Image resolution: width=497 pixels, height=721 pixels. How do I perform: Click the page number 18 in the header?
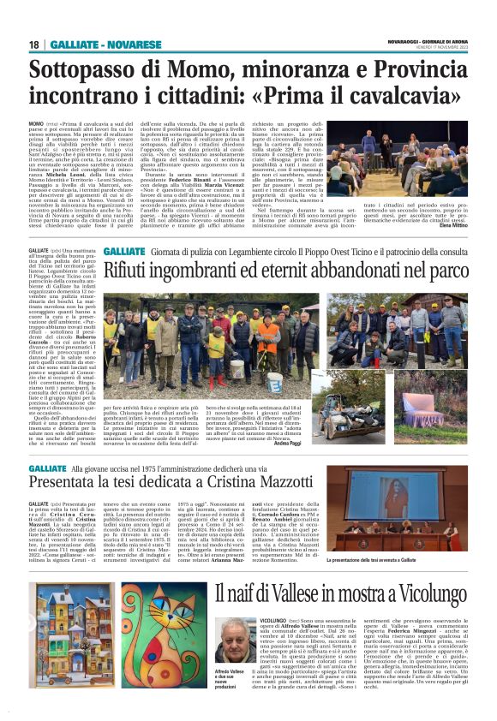click(x=33, y=44)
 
